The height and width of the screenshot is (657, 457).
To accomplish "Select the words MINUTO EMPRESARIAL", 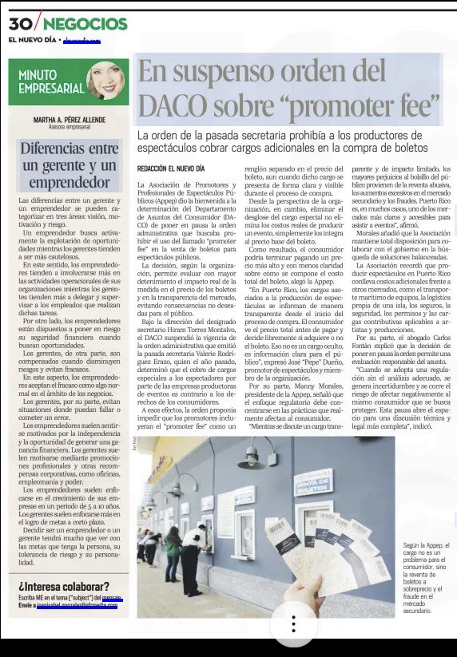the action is [x=50, y=81].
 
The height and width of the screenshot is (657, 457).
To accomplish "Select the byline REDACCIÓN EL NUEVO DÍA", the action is [x=171, y=169].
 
